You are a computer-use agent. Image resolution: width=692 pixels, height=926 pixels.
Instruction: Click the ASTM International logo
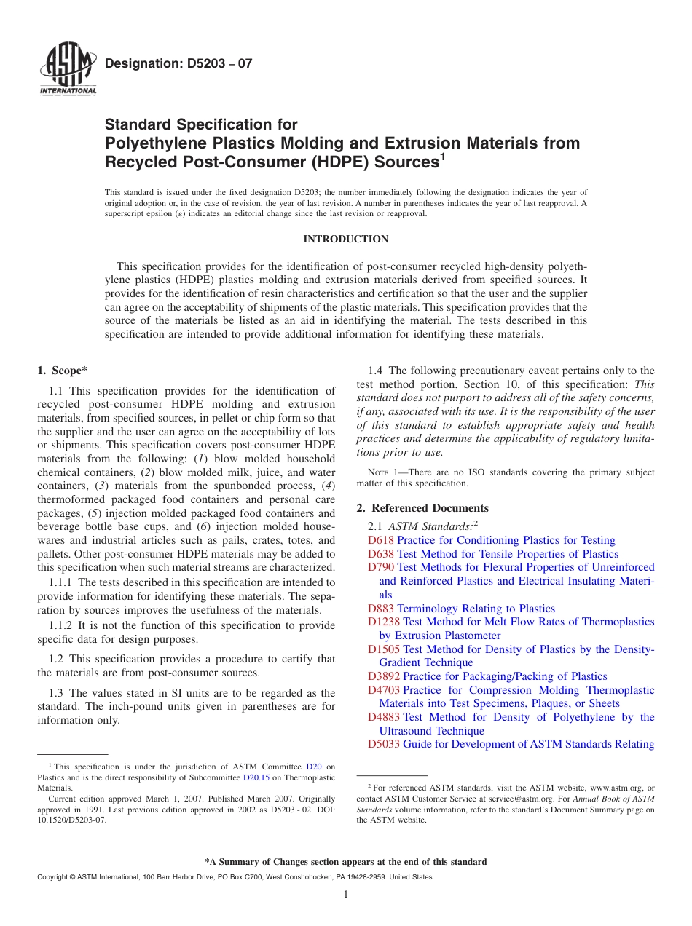pyautogui.click(x=68, y=70)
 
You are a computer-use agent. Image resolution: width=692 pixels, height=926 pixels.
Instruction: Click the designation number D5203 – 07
pyautogui.click(x=179, y=63)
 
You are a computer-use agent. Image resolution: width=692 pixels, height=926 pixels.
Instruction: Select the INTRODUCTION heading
pyautogui.click(x=346, y=239)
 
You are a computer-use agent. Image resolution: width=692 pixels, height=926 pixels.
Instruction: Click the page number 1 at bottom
pyautogui.click(x=346, y=895)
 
